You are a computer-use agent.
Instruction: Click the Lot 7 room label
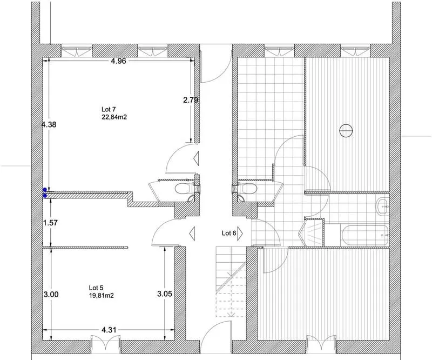tap(109, 110)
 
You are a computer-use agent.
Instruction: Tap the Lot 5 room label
tap(96, 288)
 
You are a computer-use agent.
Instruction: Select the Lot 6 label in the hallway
tap(229, 233)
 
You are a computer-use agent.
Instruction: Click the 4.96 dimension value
tap(118, 61)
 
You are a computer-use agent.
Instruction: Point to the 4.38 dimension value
tap(49, 125)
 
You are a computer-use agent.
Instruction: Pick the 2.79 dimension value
tap(191, 100)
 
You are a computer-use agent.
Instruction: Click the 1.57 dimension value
tap(51, 223)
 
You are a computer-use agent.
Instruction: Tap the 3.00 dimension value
tap(51, 295)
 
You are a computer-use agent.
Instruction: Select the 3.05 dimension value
tap(165, 294)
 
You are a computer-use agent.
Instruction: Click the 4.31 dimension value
tap(109, 330)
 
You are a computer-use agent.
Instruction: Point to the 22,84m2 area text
tap(114, 117)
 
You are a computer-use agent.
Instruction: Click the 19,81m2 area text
tap(102, 296)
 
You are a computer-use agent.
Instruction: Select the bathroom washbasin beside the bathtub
tap(382, 206)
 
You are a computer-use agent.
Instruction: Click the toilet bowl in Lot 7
tap(183, 189)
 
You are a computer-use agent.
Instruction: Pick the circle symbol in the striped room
tap(346, 130)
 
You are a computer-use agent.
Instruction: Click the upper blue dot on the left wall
tap(45, 190)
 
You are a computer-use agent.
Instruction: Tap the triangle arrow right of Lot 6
tap(240, 234)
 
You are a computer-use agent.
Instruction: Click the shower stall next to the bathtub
tap(313, 233)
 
